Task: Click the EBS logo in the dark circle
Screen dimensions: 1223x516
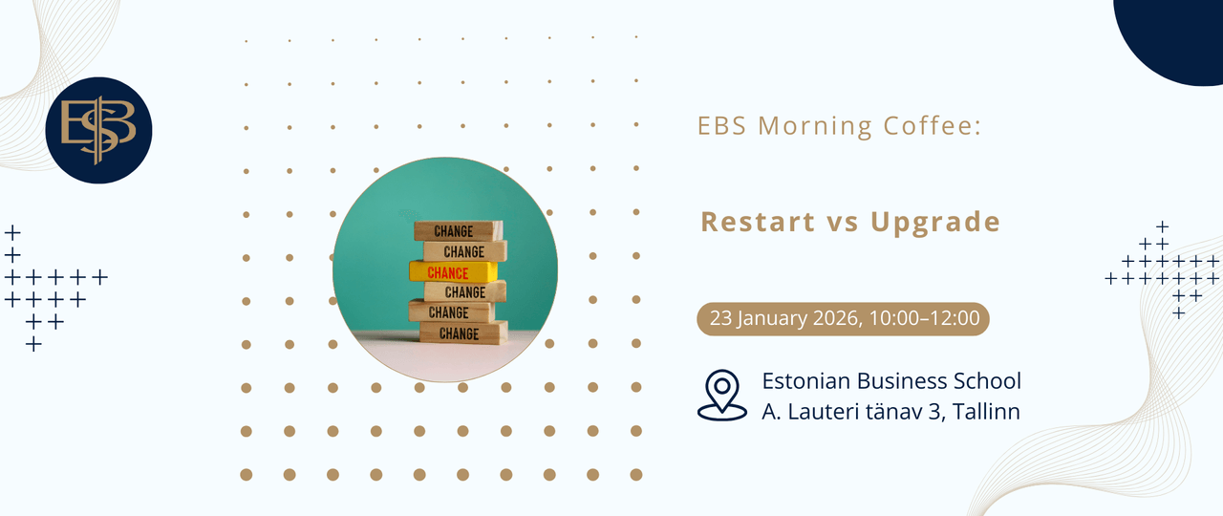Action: [x=98, y=130]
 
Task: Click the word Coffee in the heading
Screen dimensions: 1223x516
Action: [x=933, y=125]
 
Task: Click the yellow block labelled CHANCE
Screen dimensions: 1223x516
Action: [x=453, y=272]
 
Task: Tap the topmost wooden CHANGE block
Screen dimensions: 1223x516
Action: [x=458, y=231]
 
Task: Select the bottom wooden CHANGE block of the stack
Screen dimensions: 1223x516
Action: [x=463, y=333]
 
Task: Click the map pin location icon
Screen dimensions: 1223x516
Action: [x=721, y=396]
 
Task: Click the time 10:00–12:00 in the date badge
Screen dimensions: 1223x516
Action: [x=924, y=318]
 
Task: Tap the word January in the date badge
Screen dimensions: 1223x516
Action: [x=771, y=318]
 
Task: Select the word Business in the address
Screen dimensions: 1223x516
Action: [x=901, y=381]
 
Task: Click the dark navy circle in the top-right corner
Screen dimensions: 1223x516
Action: [x=1174, y=32]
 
